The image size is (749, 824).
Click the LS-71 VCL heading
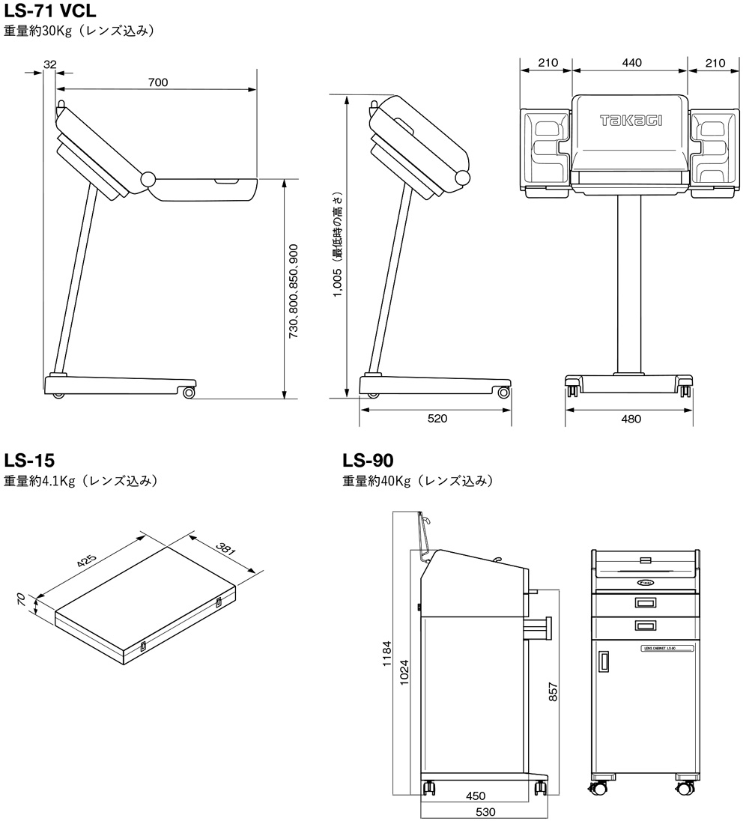(x=50, y=12)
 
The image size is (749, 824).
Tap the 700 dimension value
(x=158, y=82)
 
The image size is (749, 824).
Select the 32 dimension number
(x=50, y=64)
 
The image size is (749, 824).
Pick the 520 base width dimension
(x=437, y=419)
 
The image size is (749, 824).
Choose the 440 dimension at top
(x=631, y=63)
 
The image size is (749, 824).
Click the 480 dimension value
(x=631, y=419)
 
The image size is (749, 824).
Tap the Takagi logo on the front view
(x=631, y=120)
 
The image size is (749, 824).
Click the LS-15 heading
(x=29, y=459)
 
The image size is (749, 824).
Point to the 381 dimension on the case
(x=225, y=551)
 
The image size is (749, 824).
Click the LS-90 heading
(x=368, y=459)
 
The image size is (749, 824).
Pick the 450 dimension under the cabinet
(x=476, y=796)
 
